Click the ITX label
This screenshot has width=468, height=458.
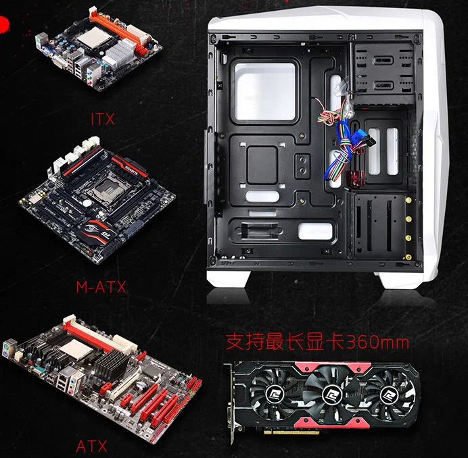tap(102, 120)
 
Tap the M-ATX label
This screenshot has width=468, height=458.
tap(101, 286)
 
